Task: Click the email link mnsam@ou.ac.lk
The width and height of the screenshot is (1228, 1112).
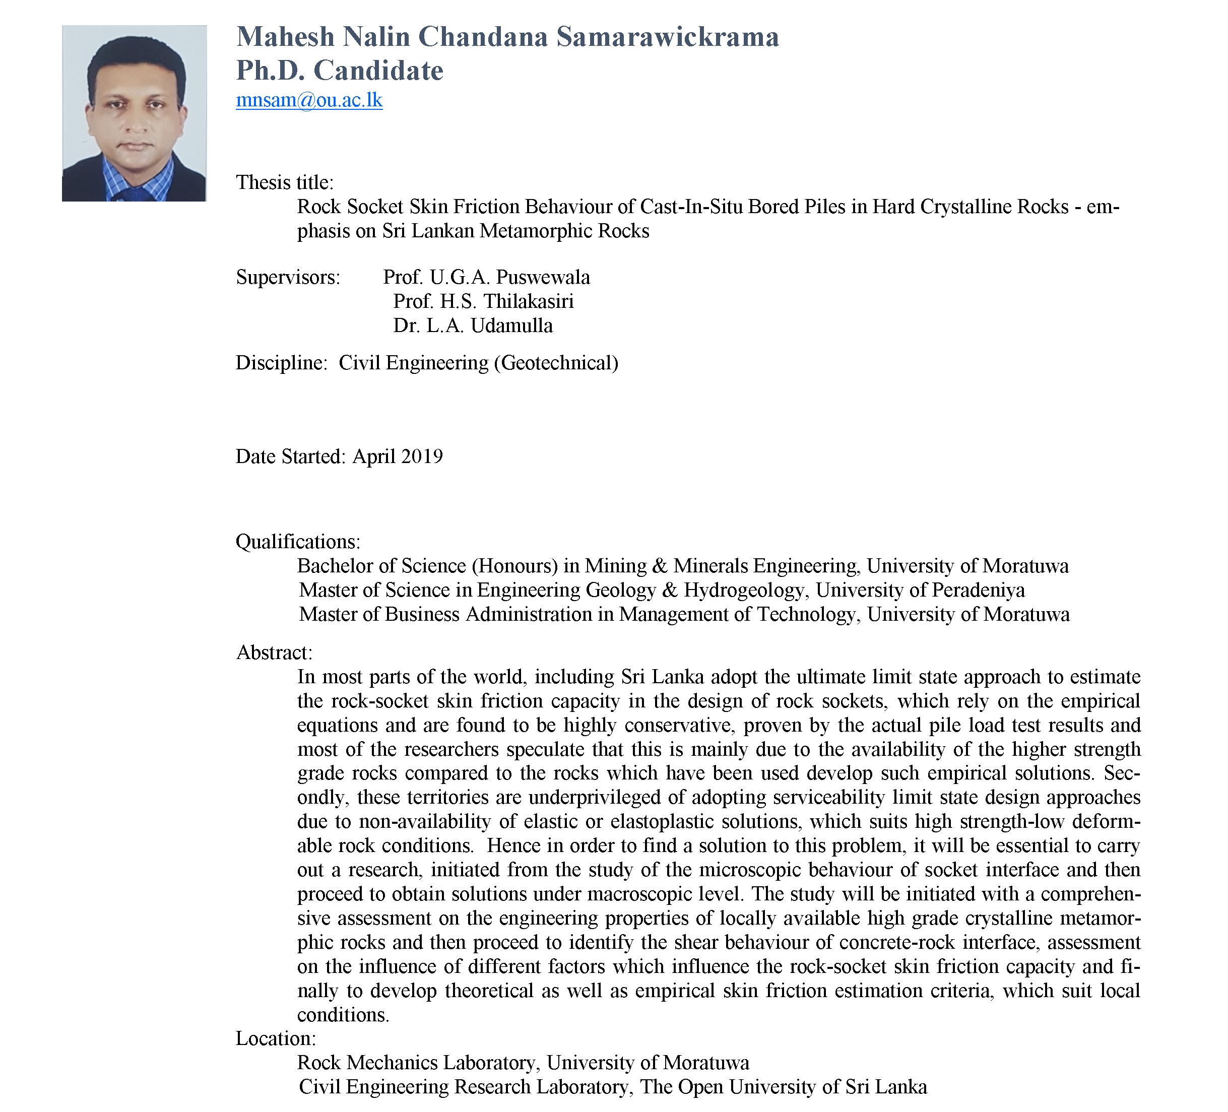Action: click(x=309, y=100)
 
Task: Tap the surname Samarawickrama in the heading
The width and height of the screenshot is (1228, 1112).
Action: click(x=668, y=37)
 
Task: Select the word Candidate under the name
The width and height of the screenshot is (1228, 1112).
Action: click(x=378, y=71)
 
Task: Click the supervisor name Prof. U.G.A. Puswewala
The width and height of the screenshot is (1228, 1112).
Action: click(x=486, y=278)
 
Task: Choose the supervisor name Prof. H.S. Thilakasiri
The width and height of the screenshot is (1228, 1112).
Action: click(x=483, y=301)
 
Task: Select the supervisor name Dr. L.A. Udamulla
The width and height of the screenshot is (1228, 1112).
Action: click(x=473, y=326)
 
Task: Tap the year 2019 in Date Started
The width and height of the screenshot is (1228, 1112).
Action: click(x=422, y=456)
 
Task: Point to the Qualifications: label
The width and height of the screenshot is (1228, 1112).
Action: click(x=298, y=541)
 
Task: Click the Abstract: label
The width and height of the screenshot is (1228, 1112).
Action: click(x=274, y=652)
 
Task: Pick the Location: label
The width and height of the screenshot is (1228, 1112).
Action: click(x=275, y=1038)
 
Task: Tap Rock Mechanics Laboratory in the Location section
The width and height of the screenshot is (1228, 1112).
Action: click(x=417, y=1063)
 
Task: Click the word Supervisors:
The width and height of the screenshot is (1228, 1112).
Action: click(x=288, y=278)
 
